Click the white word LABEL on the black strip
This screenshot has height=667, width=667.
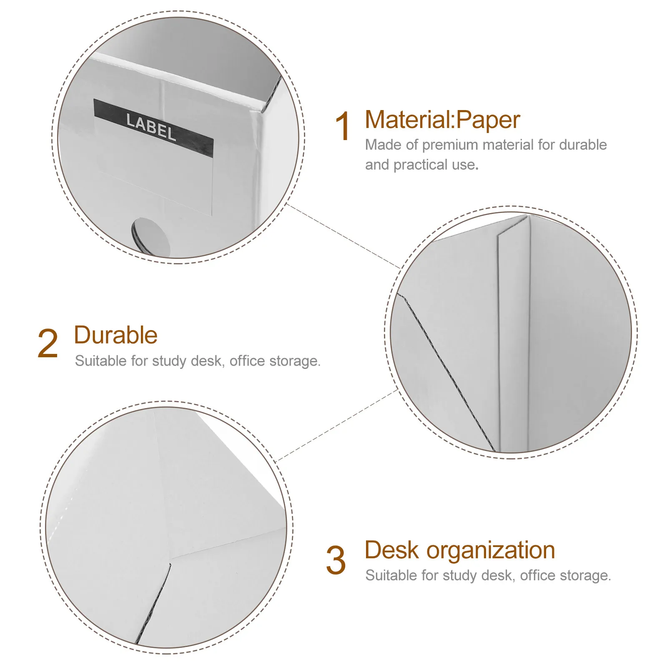coord(151,127)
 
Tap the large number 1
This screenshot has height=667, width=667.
coord(343,126)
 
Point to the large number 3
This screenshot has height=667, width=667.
coord(336,560)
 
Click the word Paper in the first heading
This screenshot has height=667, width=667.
coord(488,121)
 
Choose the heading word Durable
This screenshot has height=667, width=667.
coord(116,335)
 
